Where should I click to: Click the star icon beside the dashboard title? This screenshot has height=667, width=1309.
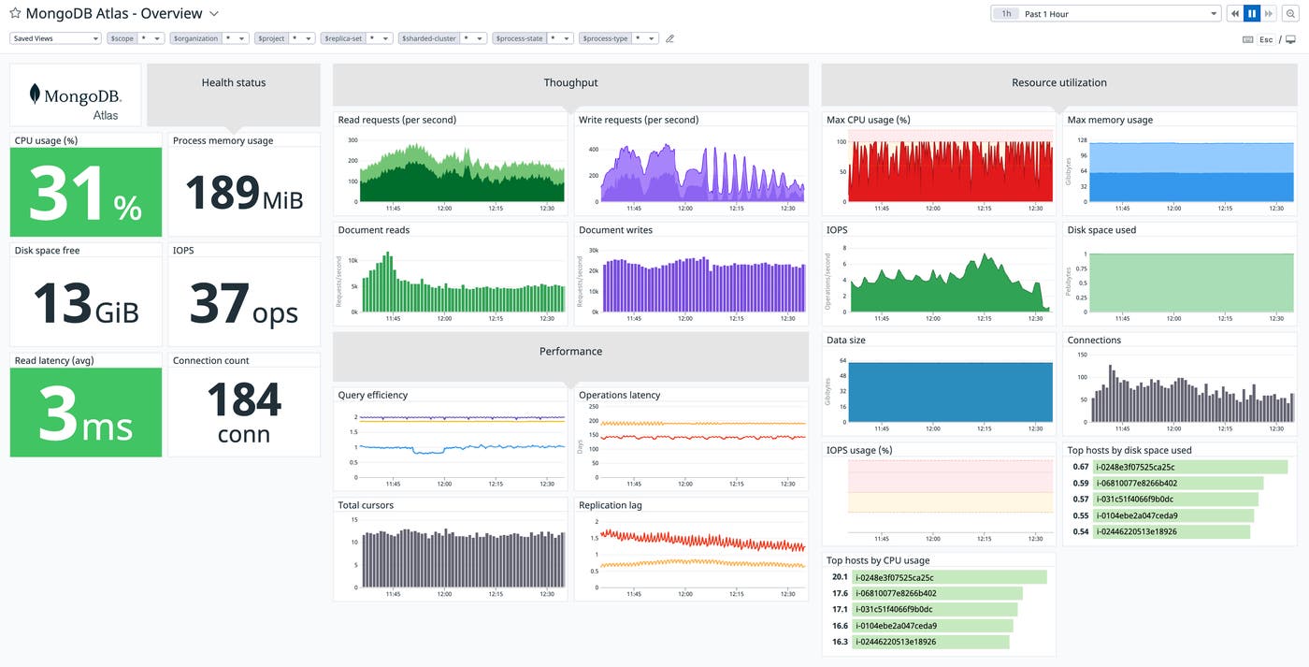[15, 14]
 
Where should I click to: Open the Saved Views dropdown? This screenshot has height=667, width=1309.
[55, 38]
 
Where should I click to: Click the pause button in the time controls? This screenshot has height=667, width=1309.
[1251, 14]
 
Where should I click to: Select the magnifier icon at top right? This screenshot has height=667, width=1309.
[1290, 14]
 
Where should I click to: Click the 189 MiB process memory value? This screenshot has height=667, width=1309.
[243, 194]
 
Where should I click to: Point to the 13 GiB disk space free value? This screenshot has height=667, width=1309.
[85, 304]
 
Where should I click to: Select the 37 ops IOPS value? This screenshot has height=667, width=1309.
[243, 304]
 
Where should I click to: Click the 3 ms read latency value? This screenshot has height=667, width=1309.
[85, 415]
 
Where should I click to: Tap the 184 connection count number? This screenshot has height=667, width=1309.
[243, 400]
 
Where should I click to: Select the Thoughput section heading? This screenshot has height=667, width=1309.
[570, 83]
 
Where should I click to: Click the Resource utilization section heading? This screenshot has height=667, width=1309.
[1058, 83]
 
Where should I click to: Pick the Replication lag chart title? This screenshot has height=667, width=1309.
[611, 505]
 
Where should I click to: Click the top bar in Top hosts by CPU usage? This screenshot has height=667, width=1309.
[949, 577]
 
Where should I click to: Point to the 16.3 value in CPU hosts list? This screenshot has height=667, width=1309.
[839, 642]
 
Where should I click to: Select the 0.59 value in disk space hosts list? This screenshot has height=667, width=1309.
[1080, 483]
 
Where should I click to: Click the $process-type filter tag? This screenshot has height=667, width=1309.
[604, 38]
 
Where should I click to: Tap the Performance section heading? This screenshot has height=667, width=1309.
[570, 352]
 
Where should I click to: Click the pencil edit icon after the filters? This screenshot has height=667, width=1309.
[669, 38]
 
